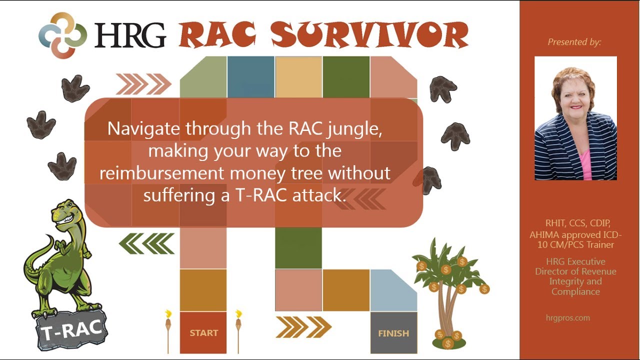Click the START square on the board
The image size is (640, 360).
tap(203, 332)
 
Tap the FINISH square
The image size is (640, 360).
tap(393, 332)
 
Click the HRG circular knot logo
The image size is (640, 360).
tap(62, 35)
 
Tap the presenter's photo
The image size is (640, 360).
tap(575, 118)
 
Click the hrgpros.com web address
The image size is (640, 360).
tap(568, 317)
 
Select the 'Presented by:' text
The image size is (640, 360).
tap(574, 42)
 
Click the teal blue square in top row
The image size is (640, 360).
tap(250, 76)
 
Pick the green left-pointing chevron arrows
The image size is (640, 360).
tap(146, 243)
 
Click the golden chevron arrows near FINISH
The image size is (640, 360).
tap(303, 327)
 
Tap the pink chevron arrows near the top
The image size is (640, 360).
tap(143, 83)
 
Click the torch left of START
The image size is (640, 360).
tap(168, 330)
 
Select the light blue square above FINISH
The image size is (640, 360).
tap(393, 290)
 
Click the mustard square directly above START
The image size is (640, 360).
tap(203, 290)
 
